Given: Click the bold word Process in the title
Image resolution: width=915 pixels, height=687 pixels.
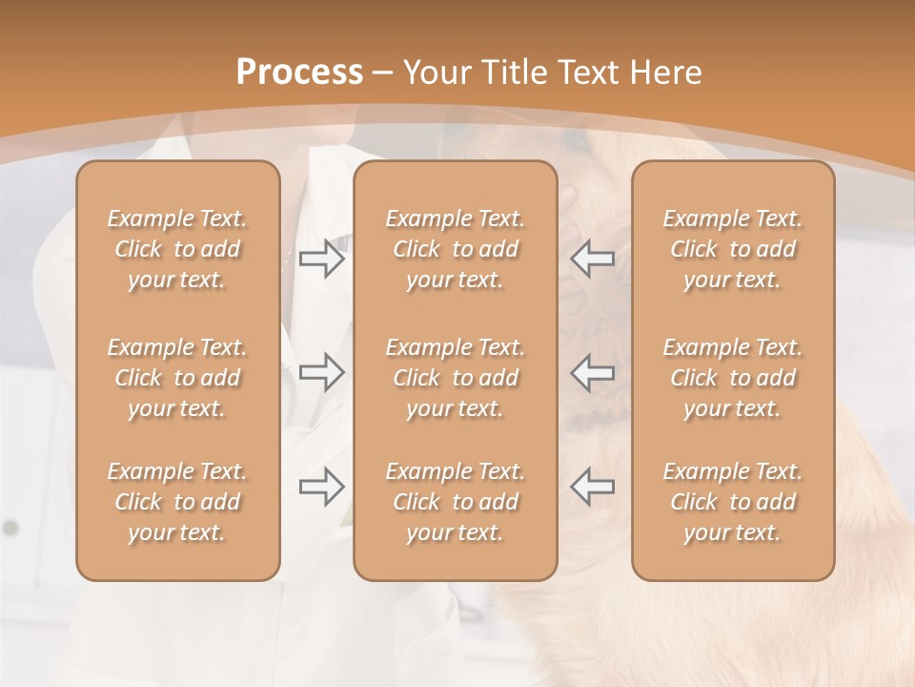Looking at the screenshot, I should (x=299, y=73).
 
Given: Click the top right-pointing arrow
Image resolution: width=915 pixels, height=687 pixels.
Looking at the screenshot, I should (x=321, y=259).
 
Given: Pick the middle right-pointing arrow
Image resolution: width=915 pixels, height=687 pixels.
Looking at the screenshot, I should (x=321, y=371).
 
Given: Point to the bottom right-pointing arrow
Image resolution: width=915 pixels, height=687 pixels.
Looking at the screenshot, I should (x=321, y=487).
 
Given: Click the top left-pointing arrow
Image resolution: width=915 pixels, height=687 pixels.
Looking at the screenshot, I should (x=592, y=259).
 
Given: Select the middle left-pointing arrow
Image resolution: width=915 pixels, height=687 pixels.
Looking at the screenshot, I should (x=592, y=371).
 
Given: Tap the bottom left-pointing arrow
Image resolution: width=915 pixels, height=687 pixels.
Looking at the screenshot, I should (x=592, y=487).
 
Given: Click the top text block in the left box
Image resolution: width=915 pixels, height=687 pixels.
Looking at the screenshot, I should (x=177, y=249).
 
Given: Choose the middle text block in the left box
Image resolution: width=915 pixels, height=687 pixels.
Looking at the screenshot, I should (x=177, y=378).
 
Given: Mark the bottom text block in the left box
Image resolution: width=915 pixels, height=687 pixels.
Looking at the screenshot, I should (x=177, y=502).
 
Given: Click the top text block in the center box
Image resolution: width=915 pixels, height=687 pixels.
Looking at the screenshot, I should (x=455, y=249).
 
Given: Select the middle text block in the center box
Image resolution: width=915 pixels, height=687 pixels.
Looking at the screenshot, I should (x=455, y=378).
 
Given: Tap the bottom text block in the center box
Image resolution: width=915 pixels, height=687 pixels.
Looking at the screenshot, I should (x=455, y=502).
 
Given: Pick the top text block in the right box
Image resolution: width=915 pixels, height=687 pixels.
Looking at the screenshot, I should (x=732, y=249).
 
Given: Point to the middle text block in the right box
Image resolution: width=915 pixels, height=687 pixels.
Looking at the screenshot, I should (x=732, y=378).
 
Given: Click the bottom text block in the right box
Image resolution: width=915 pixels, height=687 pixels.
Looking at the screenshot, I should (x=732, y=502).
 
